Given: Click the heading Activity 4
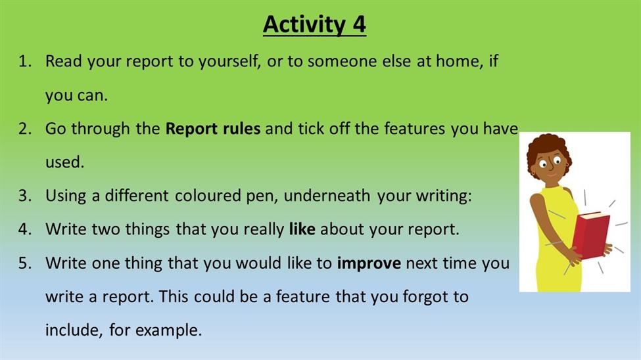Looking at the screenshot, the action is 314,24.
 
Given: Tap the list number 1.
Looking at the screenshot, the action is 24,61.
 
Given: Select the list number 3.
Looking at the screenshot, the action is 24,196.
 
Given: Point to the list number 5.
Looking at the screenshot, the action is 24,263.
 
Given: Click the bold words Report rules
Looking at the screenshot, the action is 212,129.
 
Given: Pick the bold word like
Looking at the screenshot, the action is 302,229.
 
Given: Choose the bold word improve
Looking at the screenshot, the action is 369,263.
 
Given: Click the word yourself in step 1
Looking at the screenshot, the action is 229,62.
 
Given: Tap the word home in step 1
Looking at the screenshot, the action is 460,61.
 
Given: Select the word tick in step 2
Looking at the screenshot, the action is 308,129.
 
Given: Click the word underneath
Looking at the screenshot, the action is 327,196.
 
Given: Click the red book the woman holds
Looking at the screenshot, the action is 590,235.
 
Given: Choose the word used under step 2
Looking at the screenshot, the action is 64,162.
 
